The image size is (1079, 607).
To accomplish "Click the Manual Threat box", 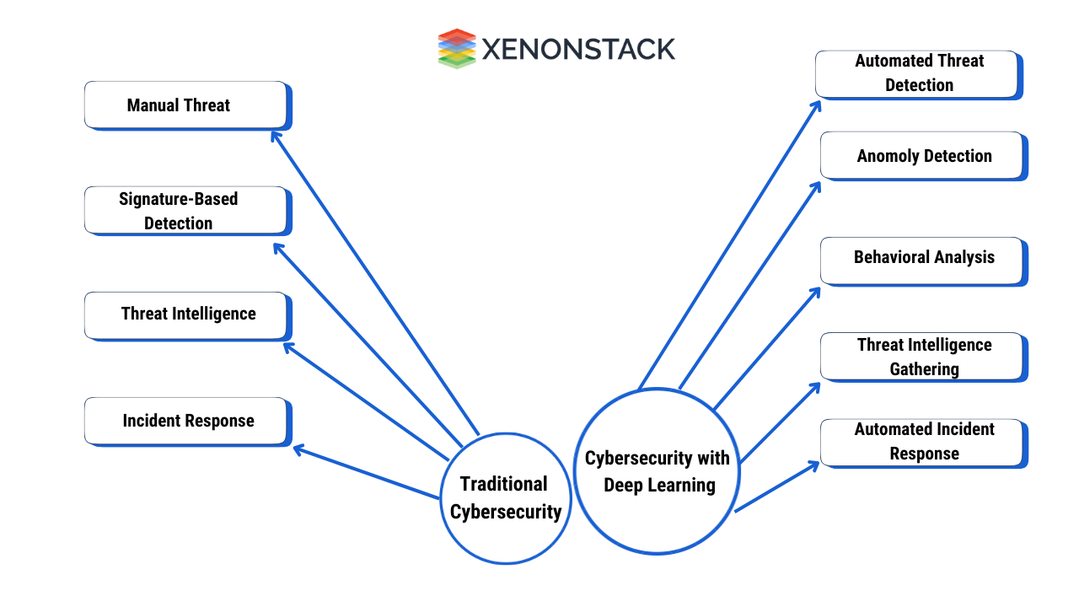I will [x=186, y=105].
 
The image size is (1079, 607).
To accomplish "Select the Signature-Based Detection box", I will [x=186, y=211].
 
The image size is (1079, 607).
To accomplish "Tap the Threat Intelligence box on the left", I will [x=186, y=314].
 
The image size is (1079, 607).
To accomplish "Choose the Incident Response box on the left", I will [x=186, y=421].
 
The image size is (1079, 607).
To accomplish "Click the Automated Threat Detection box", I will [x=918, y=73].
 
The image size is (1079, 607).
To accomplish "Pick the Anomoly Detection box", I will [x=923, y=156].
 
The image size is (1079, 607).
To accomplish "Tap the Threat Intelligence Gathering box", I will [x=923, y=357].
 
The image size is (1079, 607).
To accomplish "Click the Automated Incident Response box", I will [x=923, y=442].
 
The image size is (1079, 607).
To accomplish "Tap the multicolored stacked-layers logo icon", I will [x=457, y=48].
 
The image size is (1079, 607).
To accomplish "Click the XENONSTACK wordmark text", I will [x=578, y=49].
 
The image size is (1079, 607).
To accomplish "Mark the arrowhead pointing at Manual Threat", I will [x=274, y=134].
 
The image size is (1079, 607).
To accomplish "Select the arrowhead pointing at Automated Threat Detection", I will [x=818, y=105].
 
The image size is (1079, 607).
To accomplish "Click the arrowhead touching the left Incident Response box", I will [x=297, y=449].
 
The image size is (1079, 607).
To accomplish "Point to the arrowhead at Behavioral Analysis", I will [x=817, y=291].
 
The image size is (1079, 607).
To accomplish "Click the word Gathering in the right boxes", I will [x=924, y=369].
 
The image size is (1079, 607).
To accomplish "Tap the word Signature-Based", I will [x=178, y=200].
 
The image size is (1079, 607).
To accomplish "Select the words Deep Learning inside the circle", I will [x=659, y=486].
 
